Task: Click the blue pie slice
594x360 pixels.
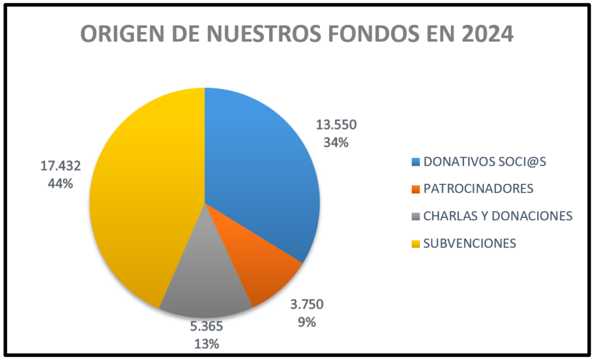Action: (x=261, y=168)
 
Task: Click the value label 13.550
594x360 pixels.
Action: (x=336, y=125)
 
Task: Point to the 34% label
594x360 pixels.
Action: (x=336, y=141)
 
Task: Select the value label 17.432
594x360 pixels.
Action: (x=60, y=166)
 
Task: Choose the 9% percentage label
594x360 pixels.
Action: (x=307, y=322)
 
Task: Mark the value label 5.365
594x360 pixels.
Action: (x=207, y=326)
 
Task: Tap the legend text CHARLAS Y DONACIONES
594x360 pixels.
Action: (x=498, y=216)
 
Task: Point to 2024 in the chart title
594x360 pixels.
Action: (x=486, y=34)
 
